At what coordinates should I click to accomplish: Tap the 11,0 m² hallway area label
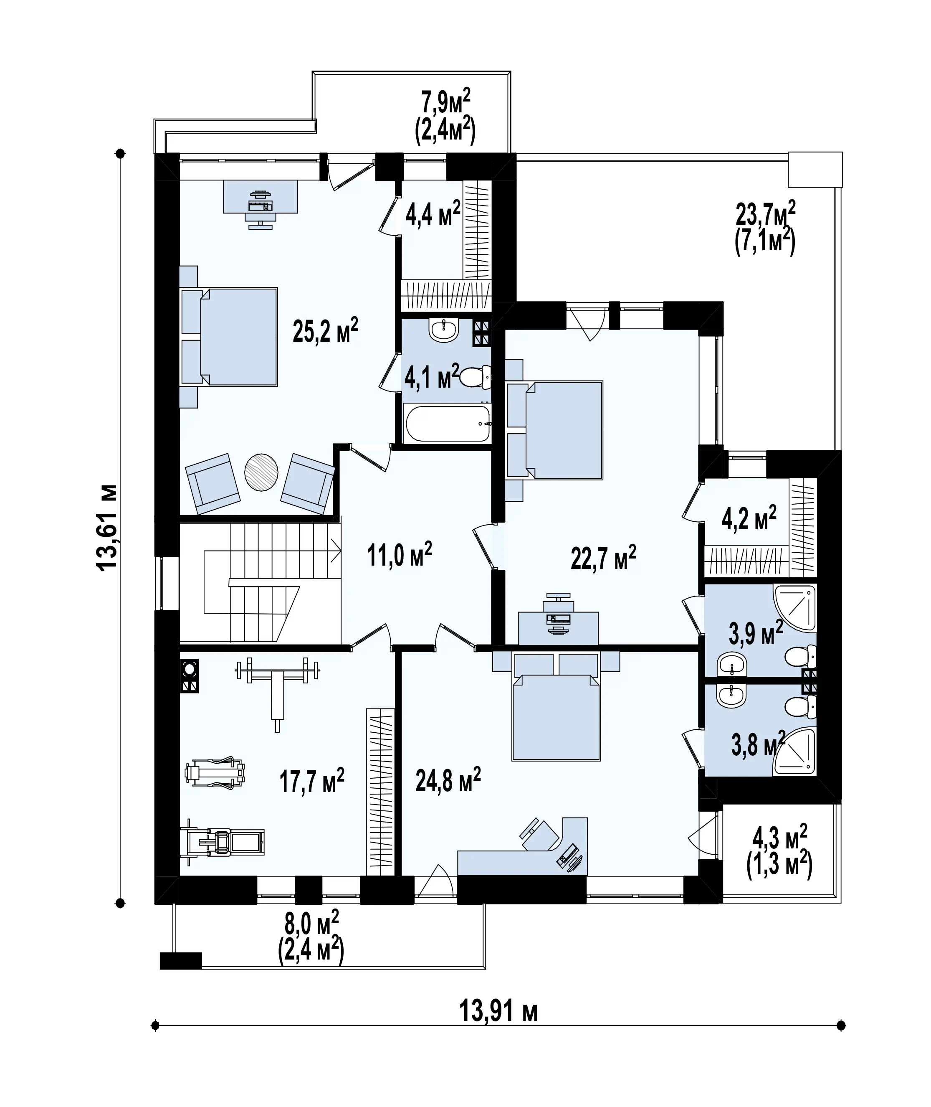(400, 555)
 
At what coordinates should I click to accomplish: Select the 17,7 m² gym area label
(312, 781)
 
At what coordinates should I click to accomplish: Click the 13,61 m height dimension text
(107, 527)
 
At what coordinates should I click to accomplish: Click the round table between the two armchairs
(261, 472)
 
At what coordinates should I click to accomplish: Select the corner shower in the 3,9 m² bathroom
(795, 608)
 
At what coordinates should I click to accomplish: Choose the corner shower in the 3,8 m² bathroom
(795, 751)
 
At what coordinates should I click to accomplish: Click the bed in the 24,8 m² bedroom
(556, 706)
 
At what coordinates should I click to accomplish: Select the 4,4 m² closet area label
(433, 213)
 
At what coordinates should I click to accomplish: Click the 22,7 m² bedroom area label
(603, 558)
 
